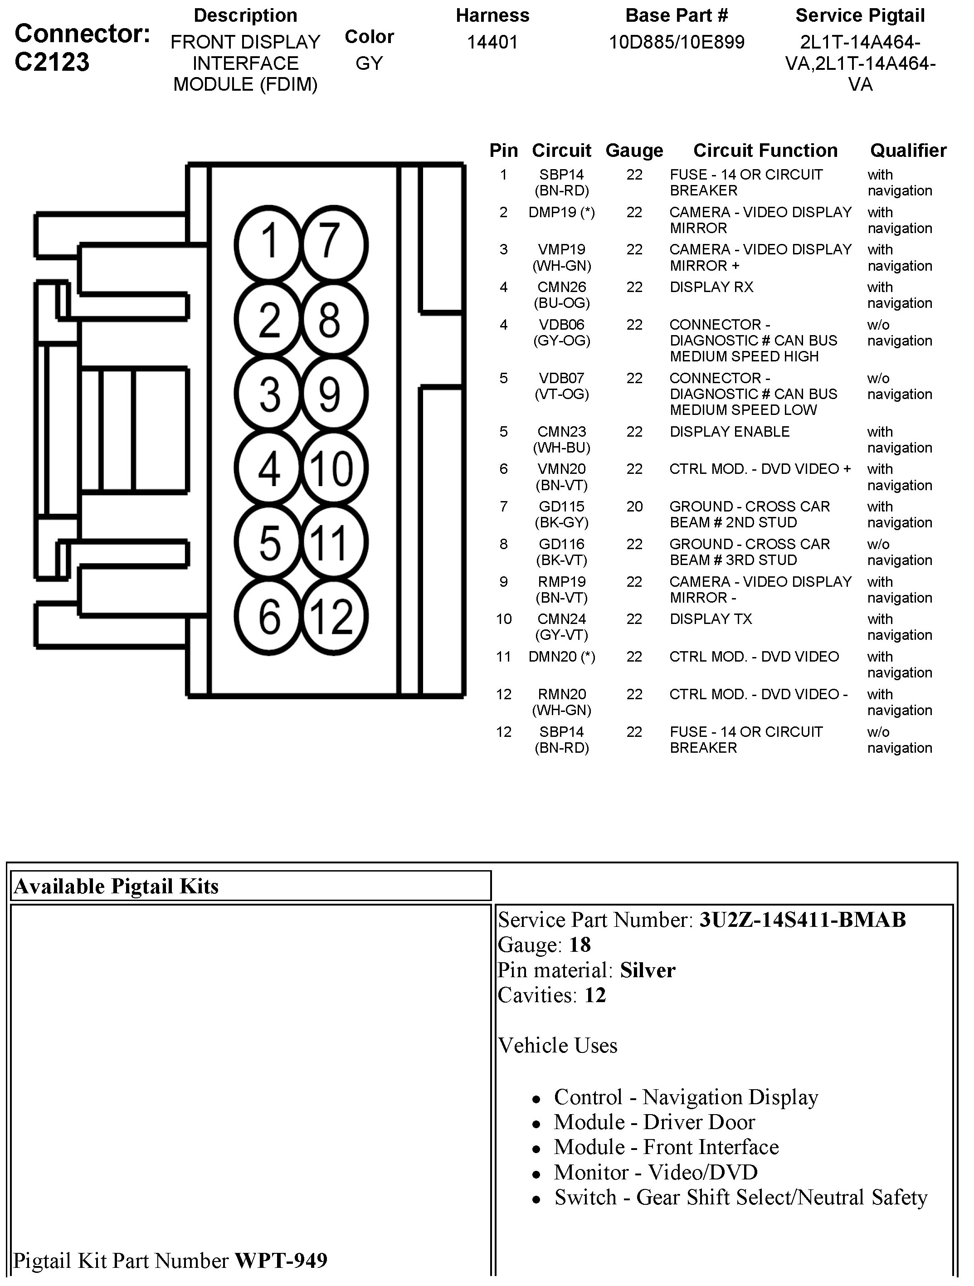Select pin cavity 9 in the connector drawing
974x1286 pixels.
pos(329,394)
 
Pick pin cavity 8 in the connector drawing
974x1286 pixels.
pos(329,319)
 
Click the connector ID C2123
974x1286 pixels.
pos(52,62)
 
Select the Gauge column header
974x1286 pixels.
pos(634,151)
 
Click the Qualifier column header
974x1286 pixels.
pos(908,151)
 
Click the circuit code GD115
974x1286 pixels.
pos(561,507)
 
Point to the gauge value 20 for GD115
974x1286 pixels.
pos(634,507)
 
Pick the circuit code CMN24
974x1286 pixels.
pos(561,619)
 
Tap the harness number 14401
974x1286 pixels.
pos(492,43)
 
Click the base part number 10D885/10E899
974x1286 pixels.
pos(676,43)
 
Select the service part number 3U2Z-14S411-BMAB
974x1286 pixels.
pos(803,920)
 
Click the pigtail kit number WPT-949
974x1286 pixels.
pos(281,1261)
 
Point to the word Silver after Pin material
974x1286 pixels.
pos(647,970)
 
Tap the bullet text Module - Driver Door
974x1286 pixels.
pos(654,1122)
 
